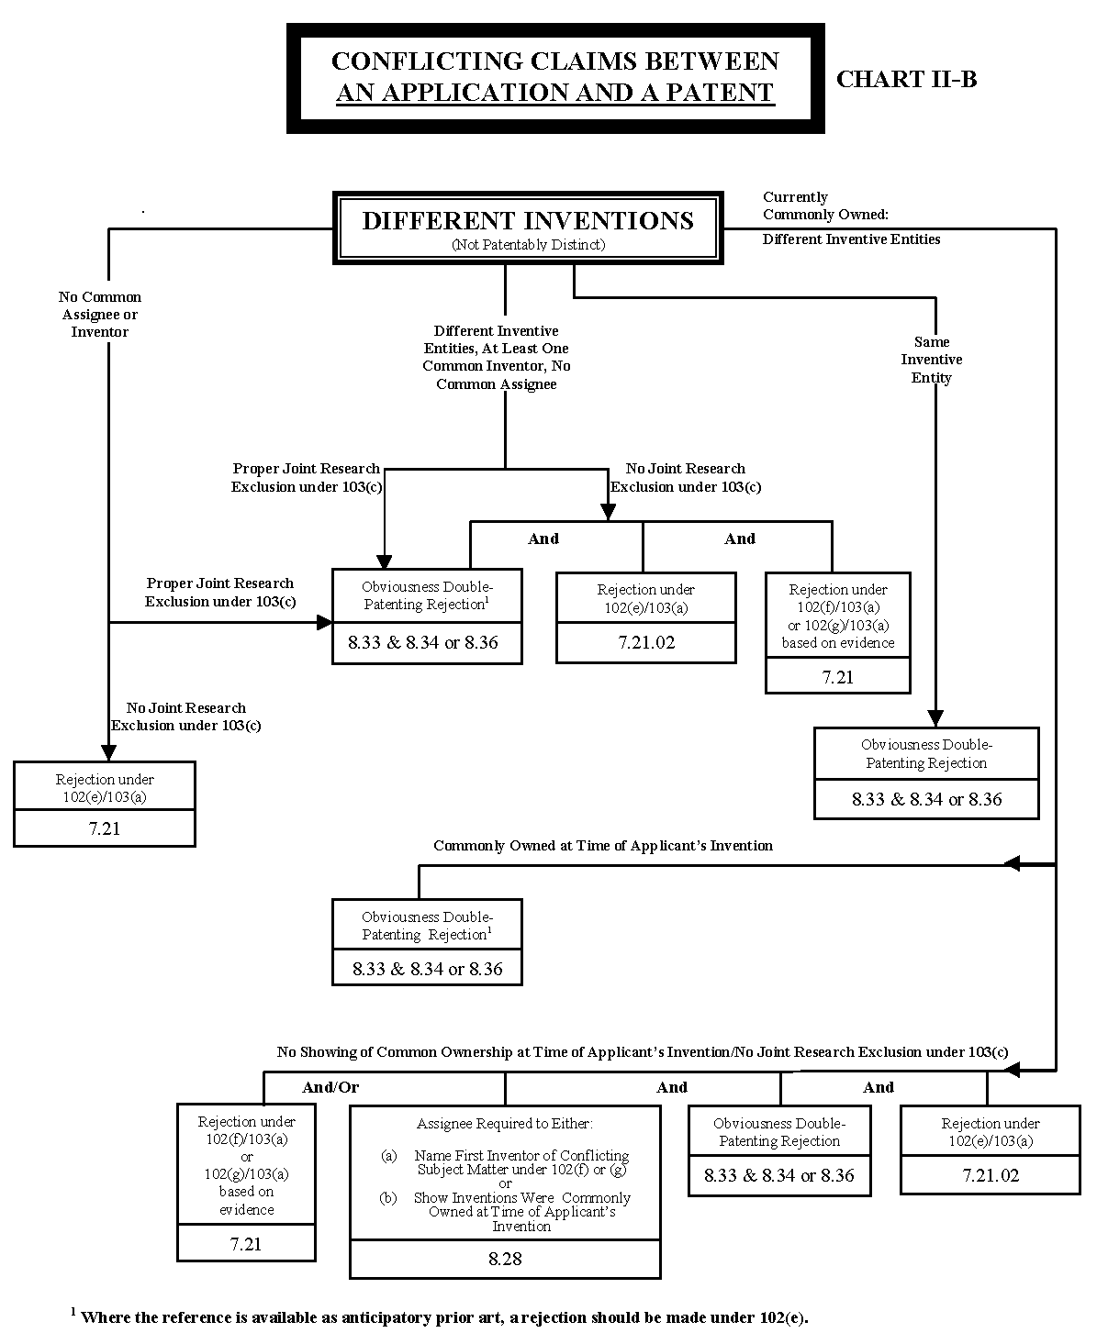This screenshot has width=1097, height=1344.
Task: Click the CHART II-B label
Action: point(906,79)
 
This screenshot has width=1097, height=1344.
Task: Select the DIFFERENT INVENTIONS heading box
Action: point(528,228)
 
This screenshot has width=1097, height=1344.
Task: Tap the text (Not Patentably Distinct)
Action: point(528,245)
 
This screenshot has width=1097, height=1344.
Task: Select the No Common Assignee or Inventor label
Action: point(100,314)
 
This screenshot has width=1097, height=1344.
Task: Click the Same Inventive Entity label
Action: point(932,360)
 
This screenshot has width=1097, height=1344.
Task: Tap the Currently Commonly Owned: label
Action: point(824,205)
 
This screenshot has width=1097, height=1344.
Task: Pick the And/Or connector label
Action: point(330,1087)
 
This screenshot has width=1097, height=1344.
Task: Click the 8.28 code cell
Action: point(505,1259)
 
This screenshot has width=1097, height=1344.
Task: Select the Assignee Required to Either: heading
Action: point(505,1123)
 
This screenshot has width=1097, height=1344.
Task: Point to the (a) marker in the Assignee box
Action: point(389,1156)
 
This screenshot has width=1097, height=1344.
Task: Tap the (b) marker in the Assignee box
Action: point(389,1198)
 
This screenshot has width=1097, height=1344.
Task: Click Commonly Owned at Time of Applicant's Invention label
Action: point(603,845)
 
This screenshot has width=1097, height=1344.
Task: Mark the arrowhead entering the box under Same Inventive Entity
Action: point(935,718)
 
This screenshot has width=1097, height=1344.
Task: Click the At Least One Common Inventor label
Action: point(497,357)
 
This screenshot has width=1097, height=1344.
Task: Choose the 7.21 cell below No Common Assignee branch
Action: point(105,828)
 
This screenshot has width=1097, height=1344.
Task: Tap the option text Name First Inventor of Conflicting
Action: point(521,1156)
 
